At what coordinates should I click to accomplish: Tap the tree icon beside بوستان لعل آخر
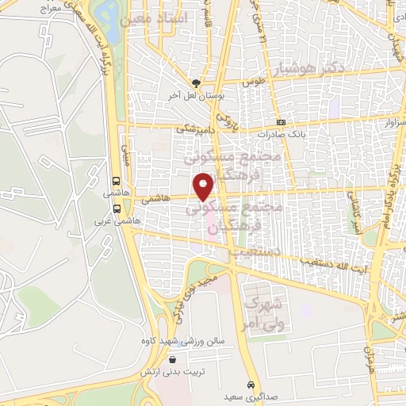click(196, 82)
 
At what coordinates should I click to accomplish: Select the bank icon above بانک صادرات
click(282, 122)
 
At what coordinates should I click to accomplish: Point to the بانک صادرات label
click(285, 135)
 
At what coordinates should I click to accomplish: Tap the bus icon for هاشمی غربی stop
click(117, 209)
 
